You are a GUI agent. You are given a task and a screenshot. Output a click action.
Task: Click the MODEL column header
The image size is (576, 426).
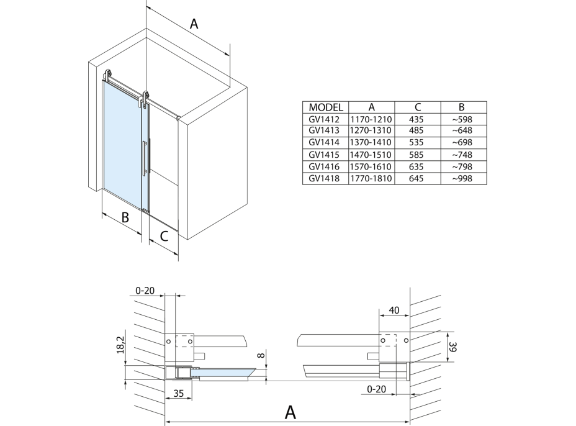tap(325, 107)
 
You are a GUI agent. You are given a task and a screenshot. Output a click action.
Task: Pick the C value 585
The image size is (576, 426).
tap(417, 155)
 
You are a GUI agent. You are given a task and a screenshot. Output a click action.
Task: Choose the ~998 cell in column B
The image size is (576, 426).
tap(463, 179)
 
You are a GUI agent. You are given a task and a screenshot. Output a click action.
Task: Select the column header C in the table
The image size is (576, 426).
tap(417, 107)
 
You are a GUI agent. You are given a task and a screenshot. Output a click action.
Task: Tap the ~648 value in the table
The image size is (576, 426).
tap(463, 131)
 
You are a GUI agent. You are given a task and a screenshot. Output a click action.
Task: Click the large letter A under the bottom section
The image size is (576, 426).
tap(289, 412)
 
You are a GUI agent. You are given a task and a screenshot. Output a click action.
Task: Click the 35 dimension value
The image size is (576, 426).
tap(178, 394)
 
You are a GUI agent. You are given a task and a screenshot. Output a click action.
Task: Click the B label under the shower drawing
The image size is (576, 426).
tap(125, 217)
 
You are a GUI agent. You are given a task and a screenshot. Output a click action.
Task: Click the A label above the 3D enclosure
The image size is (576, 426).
tap(194, 25)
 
